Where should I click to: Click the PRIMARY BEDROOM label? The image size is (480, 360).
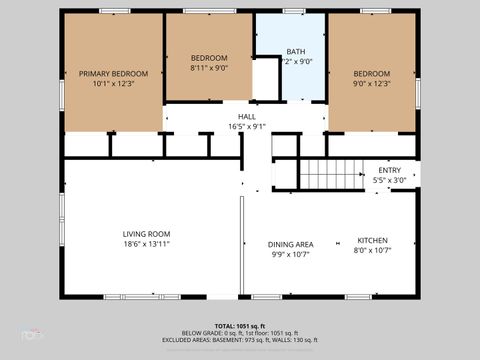pyautogui.click(x=113, y=74)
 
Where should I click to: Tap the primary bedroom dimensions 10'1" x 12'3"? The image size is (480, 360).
pyautogui.click(x=113, y=85)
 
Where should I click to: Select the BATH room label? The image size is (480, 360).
pyautogui.click(x=296, y=52)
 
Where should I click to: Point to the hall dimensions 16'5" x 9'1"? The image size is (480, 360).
pyautogui.click(x=246, y=127)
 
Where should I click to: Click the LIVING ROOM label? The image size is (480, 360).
pyautogui.click(x=147, y=233)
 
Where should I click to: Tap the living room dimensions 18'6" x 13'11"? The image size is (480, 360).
pyautogui.click(x=147, y=244)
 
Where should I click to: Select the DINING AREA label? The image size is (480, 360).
pyautogui.click(x=290, y=244)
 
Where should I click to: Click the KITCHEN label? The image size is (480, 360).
pyautogui.click(x=373, y=240)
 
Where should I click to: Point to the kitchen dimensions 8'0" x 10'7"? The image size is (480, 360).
pyautogui.click(x=373, y=251)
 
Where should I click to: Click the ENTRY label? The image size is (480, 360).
pyautogui.click(x=389, y=170)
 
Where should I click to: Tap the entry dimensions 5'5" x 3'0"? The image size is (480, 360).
pyautogui.click(x=389, y=180)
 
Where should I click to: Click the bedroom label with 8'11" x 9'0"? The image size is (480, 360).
pyautogui.click(x=210, y=57)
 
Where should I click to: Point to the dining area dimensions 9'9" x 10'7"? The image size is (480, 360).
pyautogui.click(x=290, y=255)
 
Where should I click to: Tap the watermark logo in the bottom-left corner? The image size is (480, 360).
pyautogui.click(x=34, y=335)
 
